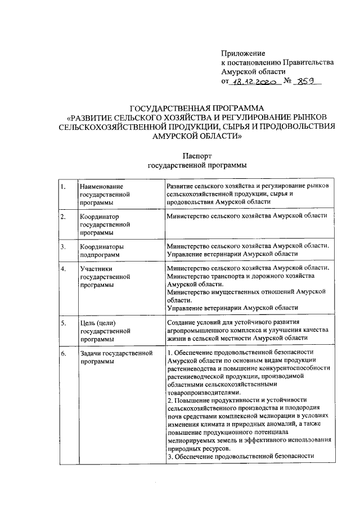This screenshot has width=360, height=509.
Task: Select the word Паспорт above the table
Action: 197,155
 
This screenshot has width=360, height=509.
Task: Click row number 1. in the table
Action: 64,186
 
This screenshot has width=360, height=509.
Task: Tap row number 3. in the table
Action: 64,246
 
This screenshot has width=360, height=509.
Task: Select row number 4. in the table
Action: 64,269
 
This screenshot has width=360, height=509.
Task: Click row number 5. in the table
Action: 64,323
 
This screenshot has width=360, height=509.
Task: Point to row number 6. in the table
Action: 64,353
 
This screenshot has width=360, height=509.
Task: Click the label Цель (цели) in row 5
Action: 98,323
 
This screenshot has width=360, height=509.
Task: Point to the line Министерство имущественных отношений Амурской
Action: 247,292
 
